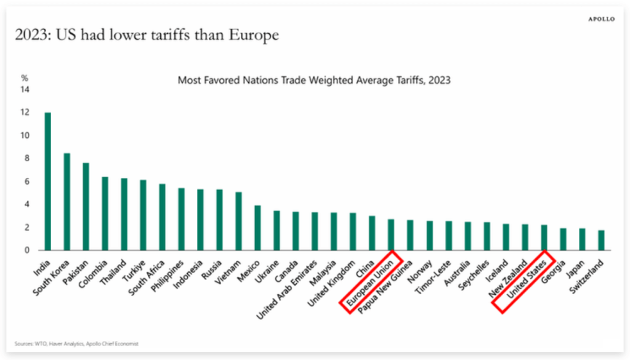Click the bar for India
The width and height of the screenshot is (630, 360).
[x=47, y=182]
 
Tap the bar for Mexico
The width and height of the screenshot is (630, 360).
[x=257, y=228]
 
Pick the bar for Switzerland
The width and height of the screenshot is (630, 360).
[x=601, y=240]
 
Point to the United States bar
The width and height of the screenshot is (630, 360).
[x=544, y=238]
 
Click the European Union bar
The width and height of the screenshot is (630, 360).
[x=391, y=234]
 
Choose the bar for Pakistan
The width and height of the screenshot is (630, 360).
[x=86, y=207]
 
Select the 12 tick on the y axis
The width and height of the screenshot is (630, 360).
[x=25, y=113]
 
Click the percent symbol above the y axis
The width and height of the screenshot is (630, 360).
[x=25, y=78]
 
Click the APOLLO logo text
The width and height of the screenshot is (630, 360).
[x=601, y=19]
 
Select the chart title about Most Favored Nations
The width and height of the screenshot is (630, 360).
[x=315, y=80]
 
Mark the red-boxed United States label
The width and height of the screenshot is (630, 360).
[x=523, y=282]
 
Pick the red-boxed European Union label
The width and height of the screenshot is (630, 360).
[x=370, y=282]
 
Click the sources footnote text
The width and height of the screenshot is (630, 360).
[x=77, y=343]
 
